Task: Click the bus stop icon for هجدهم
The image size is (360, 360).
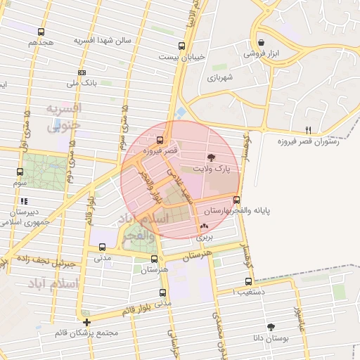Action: click(x=41, y=32)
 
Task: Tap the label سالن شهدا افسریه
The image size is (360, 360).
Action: click(x=103, y=41)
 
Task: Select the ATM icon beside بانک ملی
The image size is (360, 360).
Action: click(x=82, y=72)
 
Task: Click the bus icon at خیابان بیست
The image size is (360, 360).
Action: click(x=182, y=46)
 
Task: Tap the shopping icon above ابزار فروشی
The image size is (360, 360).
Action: click(x=261, y=41)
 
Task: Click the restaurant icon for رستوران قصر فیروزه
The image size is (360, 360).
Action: click(x=308, y=130)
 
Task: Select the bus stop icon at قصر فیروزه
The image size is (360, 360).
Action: click(x=160, y=139)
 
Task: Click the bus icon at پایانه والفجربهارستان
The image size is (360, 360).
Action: click(x=236, y=200)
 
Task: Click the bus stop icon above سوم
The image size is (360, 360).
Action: click(x=20, y=172)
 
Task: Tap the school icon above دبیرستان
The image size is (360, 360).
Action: click(x=24, y=201)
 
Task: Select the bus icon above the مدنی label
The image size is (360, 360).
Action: click(x=103, y=247)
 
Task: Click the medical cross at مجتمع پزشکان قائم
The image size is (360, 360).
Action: click(x=86, y=322)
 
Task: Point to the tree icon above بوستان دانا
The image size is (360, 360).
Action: click(x=270, y=327)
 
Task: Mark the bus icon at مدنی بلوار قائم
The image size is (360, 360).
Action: click(x=162, y=292)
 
